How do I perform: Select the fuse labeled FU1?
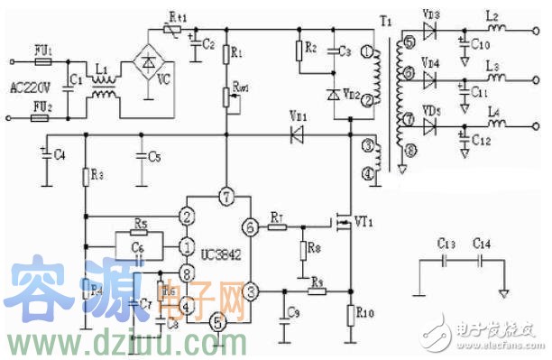point(41,62)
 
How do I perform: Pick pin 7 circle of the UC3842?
point(225,196)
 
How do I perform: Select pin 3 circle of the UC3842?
point(253,291)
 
